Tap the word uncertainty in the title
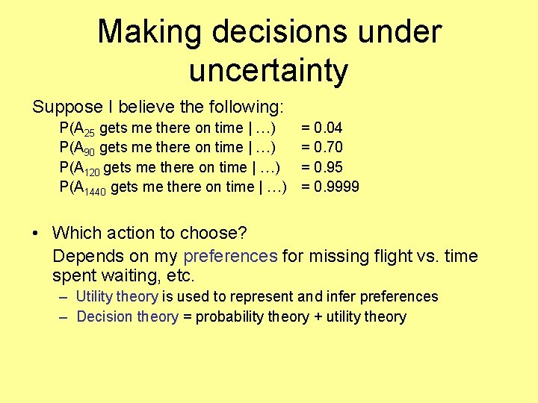[x=269, y=70]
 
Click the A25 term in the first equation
[x=84, y=129]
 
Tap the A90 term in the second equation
[x=84, y=149]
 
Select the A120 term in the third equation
[x=87, y=168]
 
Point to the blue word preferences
[x=230, y=257]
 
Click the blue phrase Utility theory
[x=117, y=297]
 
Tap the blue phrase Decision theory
[x=127, y=317]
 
